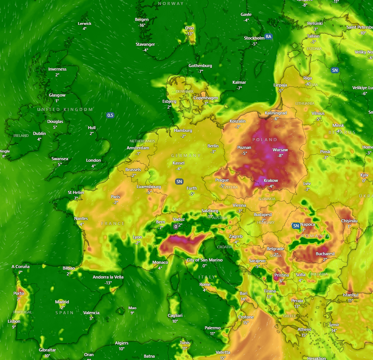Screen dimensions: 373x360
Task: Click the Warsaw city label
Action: point(280,150)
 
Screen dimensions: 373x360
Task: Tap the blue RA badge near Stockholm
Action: point(268,36)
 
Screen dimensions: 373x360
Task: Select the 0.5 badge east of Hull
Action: point(110,115)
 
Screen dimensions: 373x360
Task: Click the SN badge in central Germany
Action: point(179,182)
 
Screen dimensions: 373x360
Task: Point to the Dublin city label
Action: point(39,133)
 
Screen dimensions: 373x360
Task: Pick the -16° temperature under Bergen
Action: point(142,25)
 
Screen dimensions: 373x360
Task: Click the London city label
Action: point(94,160)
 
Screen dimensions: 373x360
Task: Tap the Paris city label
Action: point(115,197)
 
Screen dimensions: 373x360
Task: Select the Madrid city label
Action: point(62,302)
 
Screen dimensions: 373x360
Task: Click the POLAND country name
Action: point(265,140)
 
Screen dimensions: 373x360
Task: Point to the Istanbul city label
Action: point(350,295)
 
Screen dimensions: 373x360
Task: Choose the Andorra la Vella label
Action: point(108,277)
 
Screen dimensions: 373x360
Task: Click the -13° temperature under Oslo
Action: point(189,34)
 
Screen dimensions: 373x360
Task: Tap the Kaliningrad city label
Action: point(276,113)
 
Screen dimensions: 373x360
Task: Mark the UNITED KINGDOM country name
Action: point(65,110)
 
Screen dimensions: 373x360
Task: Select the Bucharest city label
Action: point(325,254)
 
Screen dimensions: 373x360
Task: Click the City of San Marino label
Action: point(205,260)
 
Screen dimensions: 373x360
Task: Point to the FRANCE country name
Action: point(113,223)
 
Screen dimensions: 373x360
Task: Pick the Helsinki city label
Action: point(315,23)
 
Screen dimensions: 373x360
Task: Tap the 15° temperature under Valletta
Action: point(223,358)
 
